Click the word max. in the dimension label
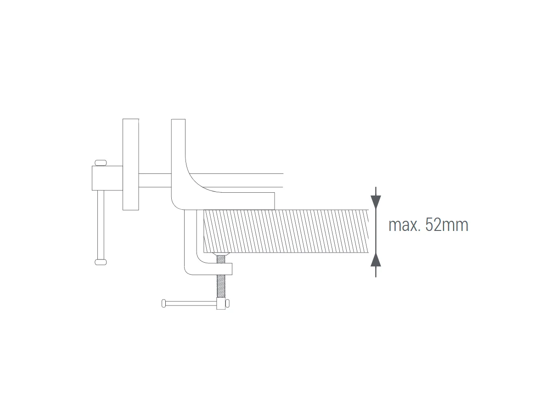(x=404, y=225)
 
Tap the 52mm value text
(x=447, y=225)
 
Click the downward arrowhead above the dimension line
(x=376, y=202)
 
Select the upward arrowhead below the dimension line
(x=376, y=259)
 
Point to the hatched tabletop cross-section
(x=286, y=231)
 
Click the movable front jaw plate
(x=130, y=164)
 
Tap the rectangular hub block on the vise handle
(x=107, y=178)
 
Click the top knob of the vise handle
(x=101, y=163)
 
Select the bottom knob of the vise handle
(x=101, y=262)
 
